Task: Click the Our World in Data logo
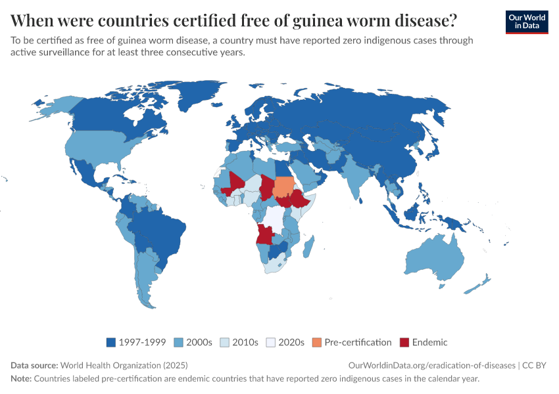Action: pos(526,22)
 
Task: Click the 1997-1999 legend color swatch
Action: pos(111,342)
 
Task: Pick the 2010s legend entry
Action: pos(241,342)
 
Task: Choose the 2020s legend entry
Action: pos(285,342)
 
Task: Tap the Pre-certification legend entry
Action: pos(352,342)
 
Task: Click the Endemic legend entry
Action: pos(424,342)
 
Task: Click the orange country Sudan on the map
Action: pos(283,186)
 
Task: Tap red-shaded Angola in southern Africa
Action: pos(264,234)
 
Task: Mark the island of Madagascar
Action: pos(307,246)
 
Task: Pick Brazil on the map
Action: pos(158,230)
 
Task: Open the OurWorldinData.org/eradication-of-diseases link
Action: pos(431,365)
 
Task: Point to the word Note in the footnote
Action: pos(20,379)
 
